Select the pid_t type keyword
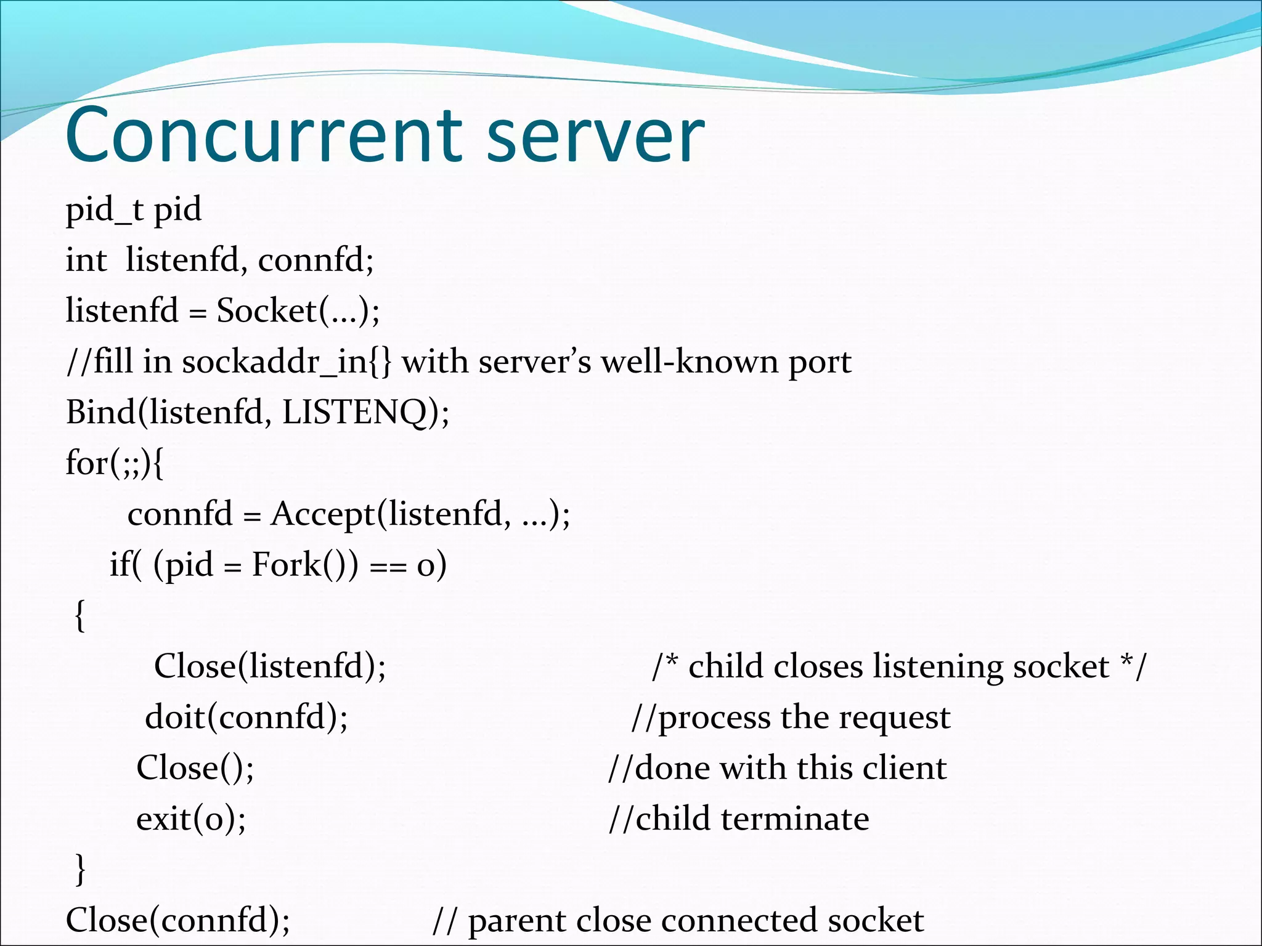click(x=104, y=210)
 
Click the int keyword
click(x=86, y=261)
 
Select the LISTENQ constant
click(x=355, y=412)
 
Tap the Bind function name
click(x=100, y=412)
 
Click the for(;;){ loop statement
click(x=115, y=463)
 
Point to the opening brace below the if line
click(x=79, y=615)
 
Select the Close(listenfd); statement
click(x=270, y=666)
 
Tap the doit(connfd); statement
click(x=246, y=718)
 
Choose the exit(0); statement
click(x=191, y=819)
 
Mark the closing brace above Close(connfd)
click(x=79, y=869)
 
